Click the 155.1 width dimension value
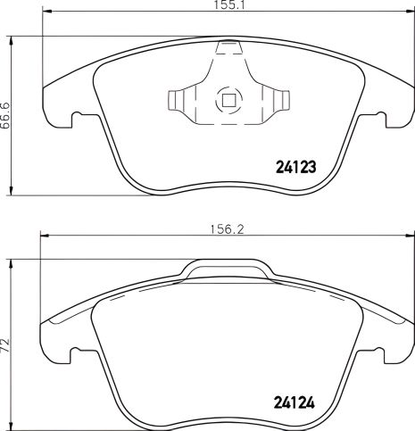click(223, 7)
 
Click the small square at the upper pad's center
click(228, 100)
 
